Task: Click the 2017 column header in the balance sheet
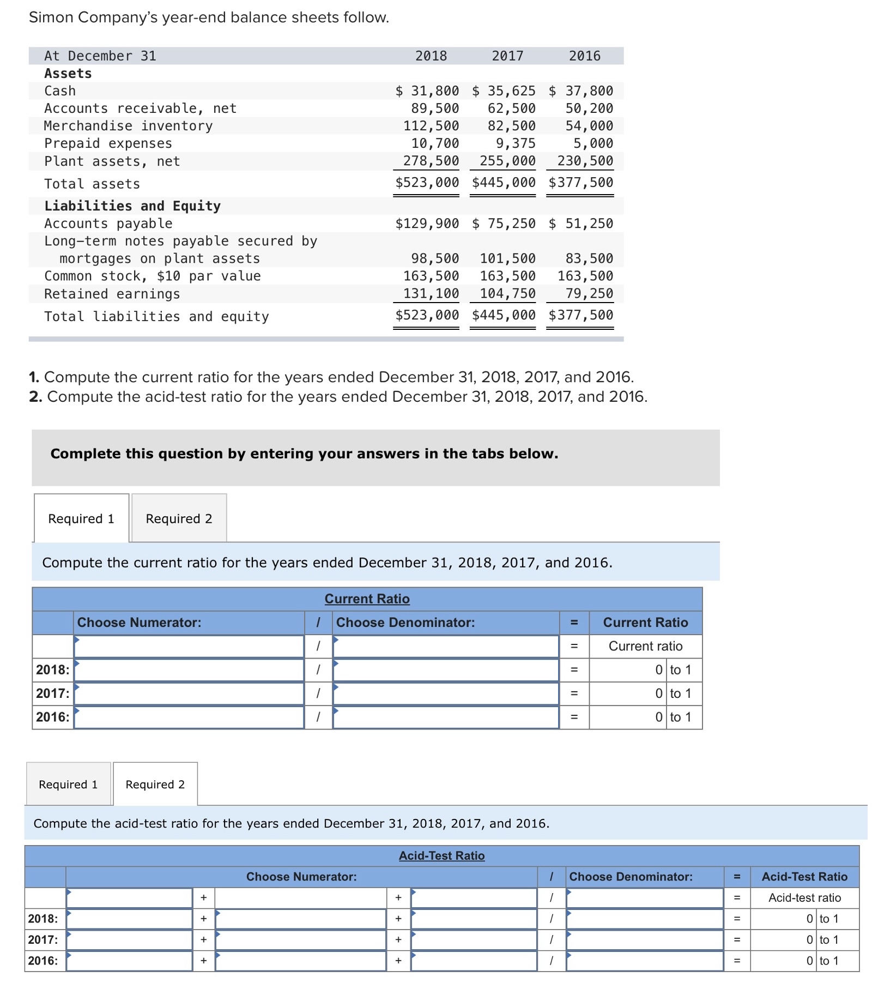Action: point(507,56)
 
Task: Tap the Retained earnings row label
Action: point(112,294)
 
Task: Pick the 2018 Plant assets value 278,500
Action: point(431,161)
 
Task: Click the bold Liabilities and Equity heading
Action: point(132,206)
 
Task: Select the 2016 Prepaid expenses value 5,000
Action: point(592,143)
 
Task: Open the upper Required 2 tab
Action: point(179,518)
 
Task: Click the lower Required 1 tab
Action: point(68,785)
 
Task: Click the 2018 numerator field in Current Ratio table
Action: point(189,670)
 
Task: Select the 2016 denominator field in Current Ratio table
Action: point(445,717)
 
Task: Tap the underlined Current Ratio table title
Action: point(367,599)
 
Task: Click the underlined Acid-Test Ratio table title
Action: point(441,855)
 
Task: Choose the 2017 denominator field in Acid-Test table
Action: point(644,940)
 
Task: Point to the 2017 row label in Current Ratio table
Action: point(53,693)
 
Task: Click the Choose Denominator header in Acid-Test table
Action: point(631,877)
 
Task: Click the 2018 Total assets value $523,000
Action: point(427,182)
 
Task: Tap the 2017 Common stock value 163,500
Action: point(507,276)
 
